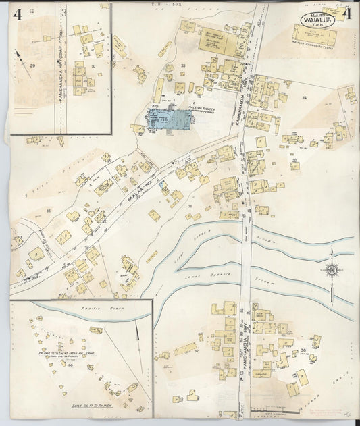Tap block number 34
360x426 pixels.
pos(304,99)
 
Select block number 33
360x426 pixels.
pos(183,65)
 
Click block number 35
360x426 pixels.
pos(48,211)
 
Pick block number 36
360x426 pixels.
pos(191,206)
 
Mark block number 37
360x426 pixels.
pos(197,351)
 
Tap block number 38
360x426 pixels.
pos(303,350)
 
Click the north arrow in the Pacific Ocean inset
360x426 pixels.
pos(138,331)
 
